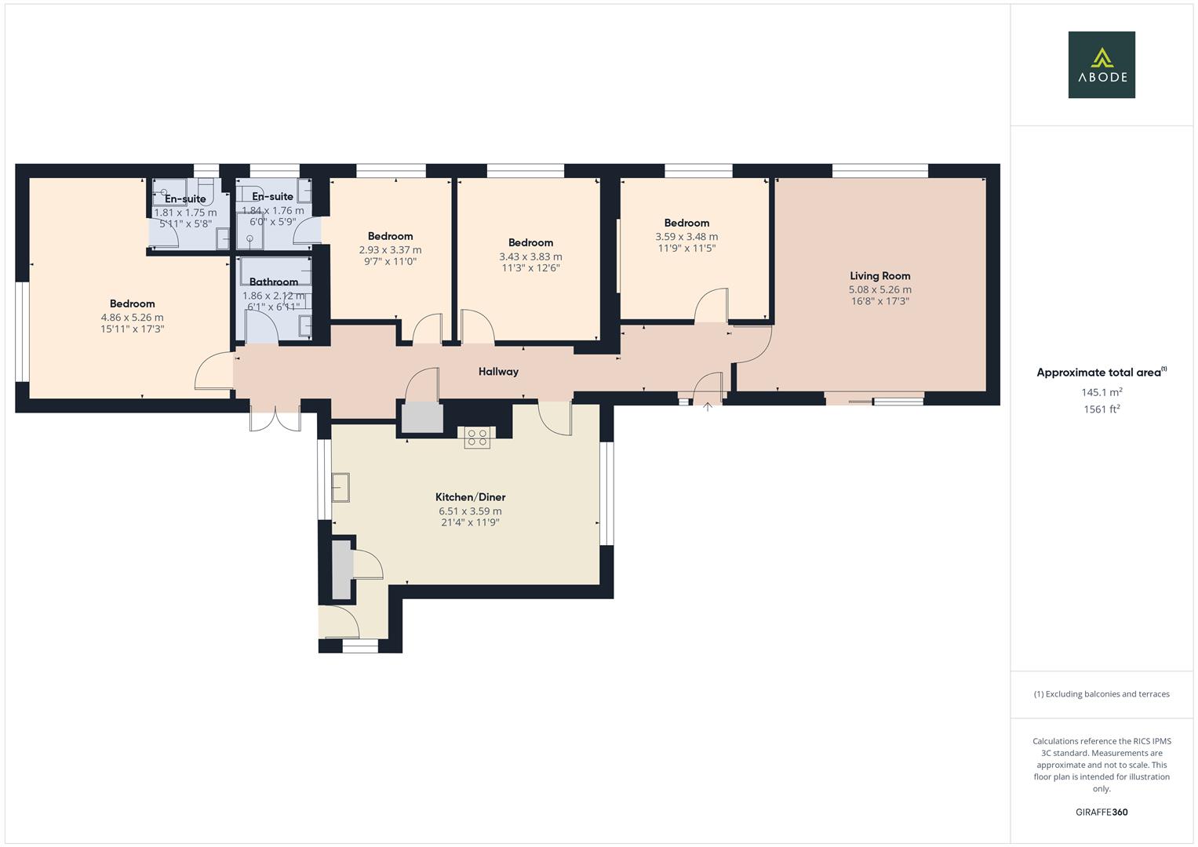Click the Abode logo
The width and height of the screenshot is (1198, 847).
click(1102, 65)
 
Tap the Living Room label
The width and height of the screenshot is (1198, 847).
click(879, 276)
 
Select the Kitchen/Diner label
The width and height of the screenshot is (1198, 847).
click(470, 497)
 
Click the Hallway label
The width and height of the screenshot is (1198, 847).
click(498, 372)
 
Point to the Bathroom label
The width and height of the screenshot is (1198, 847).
click(274, 282)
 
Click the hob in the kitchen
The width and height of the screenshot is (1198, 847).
click(477, 438)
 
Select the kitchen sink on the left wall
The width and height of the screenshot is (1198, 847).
click(340, 487)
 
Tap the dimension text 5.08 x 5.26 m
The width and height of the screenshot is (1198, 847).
click(879, 289)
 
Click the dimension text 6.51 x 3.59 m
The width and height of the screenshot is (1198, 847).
click(470, 511)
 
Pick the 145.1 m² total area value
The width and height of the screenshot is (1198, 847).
click(1102, 392)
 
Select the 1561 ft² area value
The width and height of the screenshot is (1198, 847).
click(1102, 409)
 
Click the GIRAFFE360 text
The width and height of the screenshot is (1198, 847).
click(1102, 812)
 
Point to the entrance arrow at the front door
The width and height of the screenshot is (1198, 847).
click(708, 407)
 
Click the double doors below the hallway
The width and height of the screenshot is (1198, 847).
click(275, 416)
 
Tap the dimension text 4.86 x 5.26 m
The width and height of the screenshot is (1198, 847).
click(132, 318)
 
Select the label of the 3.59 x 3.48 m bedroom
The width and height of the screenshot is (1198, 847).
click(686, 224)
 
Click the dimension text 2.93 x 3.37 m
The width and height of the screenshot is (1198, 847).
click(390, 250)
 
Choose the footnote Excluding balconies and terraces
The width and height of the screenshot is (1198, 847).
click(1102, 694)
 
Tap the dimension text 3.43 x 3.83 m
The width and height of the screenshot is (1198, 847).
click(530, 256)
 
